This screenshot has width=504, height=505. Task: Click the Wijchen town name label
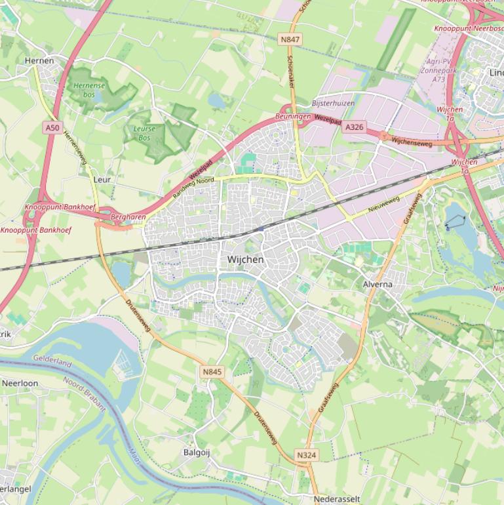(x=245, y=260)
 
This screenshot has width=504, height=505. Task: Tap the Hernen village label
(x=39, y=60)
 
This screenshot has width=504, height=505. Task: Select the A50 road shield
(x=52, y=128)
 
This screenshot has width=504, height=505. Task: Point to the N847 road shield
(x=290, y=40)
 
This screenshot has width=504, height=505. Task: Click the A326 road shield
(x=354, y=127)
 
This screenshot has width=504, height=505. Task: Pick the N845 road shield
(x=212, y=372)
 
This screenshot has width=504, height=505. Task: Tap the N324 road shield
(x=307, y=455)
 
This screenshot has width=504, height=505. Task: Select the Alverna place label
(x=378, y=285)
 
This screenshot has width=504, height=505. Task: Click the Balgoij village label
(x=197, y=453)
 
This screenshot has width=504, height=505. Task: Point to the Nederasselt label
(x=337, y=499)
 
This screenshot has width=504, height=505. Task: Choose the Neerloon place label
(x=20, y=383)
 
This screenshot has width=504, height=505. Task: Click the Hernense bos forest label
(x=89, y=90)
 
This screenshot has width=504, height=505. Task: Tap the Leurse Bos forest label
(x=144, y=133)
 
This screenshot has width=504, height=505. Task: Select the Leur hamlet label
(x=102, y=179)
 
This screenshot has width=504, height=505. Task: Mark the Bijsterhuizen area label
(x=333, y=104)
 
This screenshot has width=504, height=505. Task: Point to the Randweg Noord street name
(x=194, y=188)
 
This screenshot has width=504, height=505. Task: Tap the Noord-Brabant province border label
(x=85, y=393)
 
